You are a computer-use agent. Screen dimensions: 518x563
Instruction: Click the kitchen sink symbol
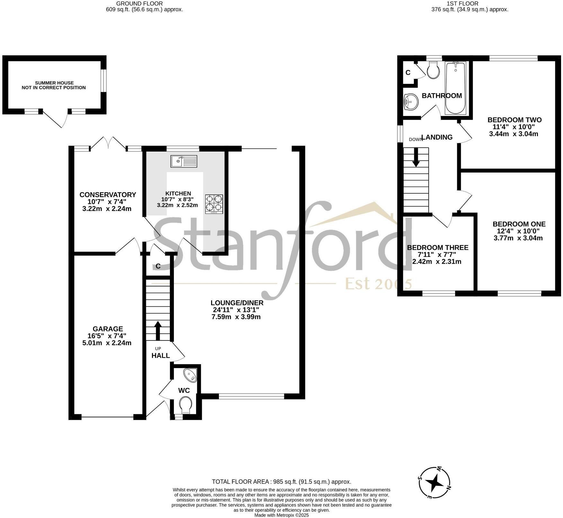(184, 161)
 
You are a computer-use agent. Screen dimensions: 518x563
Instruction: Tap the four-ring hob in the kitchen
(214, 204)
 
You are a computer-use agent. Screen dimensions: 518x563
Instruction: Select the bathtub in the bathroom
(455, 88)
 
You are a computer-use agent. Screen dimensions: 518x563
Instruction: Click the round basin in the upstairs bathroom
(411, 102)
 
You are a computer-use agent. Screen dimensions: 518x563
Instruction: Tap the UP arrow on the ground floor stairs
(158, 331)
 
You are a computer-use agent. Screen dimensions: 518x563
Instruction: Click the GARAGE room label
(108, 329)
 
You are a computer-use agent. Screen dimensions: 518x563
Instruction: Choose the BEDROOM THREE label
(437, 248)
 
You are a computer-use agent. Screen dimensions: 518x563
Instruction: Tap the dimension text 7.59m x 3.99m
(236, 317)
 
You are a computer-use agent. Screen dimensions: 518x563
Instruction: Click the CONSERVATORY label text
(108, 195)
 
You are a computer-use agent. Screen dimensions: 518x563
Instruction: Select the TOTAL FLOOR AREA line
(281, 482)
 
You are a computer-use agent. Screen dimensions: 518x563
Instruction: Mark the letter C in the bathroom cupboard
(408, 73)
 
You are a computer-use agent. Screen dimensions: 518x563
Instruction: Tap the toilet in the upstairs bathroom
(433, 70)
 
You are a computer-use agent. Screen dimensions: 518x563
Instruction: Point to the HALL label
(160, 356)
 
